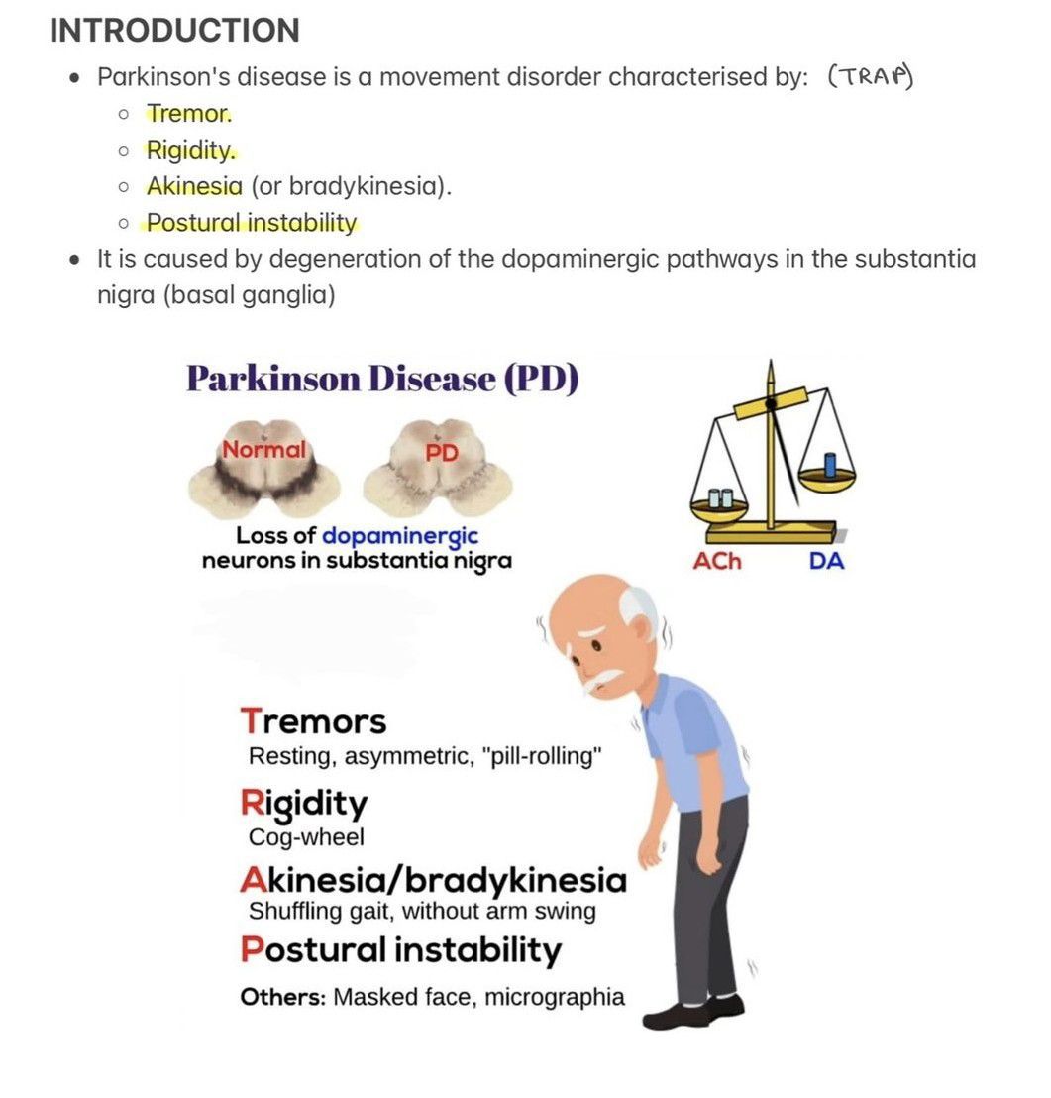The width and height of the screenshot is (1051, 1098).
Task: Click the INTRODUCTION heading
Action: point(174,31)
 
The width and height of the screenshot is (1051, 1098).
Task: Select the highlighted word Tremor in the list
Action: point(189,115)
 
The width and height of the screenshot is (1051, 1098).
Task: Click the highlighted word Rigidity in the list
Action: point(192,151)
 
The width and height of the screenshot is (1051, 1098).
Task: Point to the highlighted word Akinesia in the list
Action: point(194,186)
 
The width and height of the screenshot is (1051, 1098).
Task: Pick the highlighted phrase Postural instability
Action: point(252,223)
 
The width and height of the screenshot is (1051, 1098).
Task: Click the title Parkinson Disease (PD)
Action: point(381,380)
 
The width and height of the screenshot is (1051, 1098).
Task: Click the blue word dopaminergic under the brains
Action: point(400,536)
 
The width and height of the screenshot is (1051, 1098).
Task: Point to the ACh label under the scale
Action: point(717,562)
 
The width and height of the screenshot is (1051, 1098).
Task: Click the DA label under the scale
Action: point(827,562)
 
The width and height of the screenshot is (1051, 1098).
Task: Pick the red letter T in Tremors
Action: point(252,720)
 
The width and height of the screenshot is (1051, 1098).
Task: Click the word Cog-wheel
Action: point(306,837)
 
